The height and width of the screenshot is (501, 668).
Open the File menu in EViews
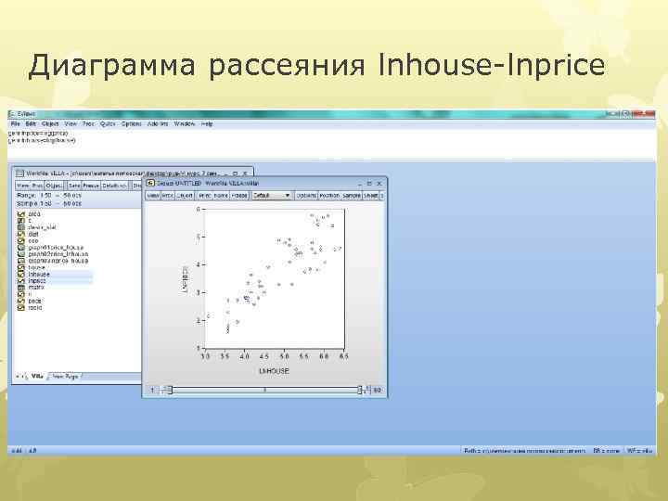[15, 123]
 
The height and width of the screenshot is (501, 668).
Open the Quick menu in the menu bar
[108, 123]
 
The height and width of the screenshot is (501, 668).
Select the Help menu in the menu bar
[206, 123]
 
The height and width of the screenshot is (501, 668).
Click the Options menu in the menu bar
[131, 123]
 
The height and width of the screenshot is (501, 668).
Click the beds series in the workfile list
[35, 302]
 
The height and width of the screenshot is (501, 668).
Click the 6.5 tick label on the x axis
[343, 356]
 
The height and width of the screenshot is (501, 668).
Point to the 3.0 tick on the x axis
[205, 356]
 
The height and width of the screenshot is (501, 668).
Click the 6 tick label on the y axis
[198, 210]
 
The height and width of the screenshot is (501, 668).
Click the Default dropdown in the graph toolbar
[273, 196]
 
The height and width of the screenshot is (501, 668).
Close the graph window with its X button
[379, 185]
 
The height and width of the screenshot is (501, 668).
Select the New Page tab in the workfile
[66, 377]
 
